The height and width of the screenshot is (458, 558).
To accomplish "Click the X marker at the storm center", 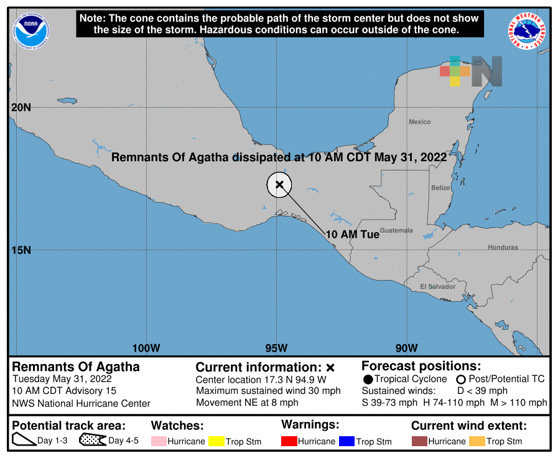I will [280, 184].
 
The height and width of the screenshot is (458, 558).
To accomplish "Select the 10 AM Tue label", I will [352, 235].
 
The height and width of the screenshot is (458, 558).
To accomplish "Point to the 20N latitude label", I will [21, 107].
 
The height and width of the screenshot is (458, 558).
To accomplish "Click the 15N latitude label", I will [21, 250].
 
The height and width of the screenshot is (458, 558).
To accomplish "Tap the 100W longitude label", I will [146, 348].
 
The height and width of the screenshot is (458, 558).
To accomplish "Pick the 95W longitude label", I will [276, 348].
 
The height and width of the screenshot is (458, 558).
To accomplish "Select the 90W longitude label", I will [406, 348].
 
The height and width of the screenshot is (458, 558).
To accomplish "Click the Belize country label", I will [440, 187].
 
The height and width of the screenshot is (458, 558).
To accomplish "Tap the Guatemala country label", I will [396, 230].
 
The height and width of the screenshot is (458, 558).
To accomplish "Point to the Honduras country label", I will [503, 247].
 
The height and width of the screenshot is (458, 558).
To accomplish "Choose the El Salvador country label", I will [437, 286].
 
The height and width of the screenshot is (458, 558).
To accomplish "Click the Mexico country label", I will [419, 122].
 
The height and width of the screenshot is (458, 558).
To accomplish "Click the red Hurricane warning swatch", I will [289, 441].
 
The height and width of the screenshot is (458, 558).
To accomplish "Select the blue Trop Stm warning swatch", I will [347, 441].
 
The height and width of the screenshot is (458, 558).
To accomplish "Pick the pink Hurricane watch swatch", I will [159, 441].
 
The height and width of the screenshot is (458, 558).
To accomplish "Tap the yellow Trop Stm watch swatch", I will [216, 441].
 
